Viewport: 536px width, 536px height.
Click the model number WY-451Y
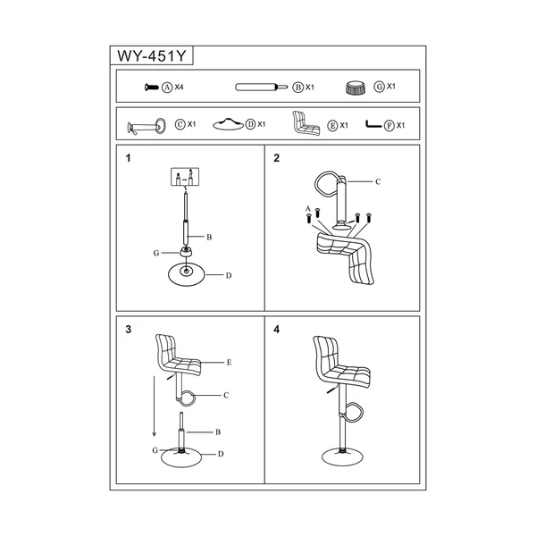pos(152,55)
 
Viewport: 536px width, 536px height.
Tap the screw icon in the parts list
pos(152,88)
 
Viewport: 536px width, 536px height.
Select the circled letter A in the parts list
pos(167,88)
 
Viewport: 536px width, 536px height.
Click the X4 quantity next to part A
pos(180,88)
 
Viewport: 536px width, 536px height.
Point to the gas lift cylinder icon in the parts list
pos(262,88)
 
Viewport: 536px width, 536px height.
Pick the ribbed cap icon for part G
pos(356,88)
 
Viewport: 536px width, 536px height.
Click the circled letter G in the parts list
pos(379,87)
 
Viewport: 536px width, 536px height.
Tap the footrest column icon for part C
pos(147,127)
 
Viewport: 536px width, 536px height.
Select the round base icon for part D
pos(229,124)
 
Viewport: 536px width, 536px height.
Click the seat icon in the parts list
pos(306,123)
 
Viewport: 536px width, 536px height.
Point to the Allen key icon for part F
pos(373,124)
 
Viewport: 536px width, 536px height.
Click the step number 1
pos(128,158)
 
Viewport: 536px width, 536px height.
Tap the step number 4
pos(277,329)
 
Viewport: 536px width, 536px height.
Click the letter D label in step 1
pos(229,275)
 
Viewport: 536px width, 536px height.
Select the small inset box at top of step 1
pos(185,177)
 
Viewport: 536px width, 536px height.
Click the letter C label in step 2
pos(378,181)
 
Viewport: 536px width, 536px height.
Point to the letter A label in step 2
pos(308,209)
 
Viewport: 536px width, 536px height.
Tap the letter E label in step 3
pos(229,363)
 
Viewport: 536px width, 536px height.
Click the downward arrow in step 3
pos(155,406)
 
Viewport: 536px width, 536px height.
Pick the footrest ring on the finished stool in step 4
pos(354,411)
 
